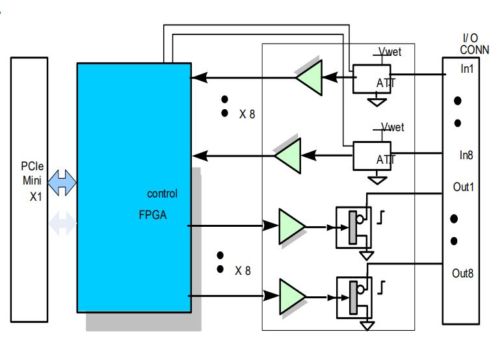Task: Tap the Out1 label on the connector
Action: [x=464, y=187]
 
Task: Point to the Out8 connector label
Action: [x=464, y=273]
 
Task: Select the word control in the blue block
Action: [x=162, y=194]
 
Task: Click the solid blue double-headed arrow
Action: [x=62, y=183]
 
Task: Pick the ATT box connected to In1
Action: [x=372, y=79]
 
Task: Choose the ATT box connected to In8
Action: [x=372, y=156]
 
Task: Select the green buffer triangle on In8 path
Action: [x=287, y=156]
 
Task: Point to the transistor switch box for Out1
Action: [x=353, y=227]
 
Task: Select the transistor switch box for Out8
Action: [x=353, y=295]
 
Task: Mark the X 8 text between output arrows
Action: [x=243, y=270]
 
